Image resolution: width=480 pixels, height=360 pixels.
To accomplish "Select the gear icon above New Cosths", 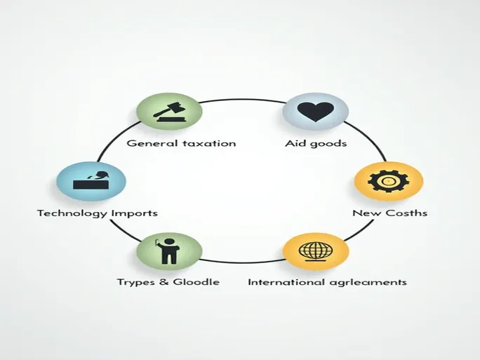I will point(388,181).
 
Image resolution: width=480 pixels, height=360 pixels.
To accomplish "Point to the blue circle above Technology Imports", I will point(91,181).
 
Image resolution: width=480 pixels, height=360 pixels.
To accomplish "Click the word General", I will point(149,143).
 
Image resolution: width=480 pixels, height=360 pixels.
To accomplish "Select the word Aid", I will point(295,144).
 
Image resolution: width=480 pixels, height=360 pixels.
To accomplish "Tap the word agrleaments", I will point(368,283).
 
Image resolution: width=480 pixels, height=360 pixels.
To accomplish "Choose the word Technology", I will point(69,213).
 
